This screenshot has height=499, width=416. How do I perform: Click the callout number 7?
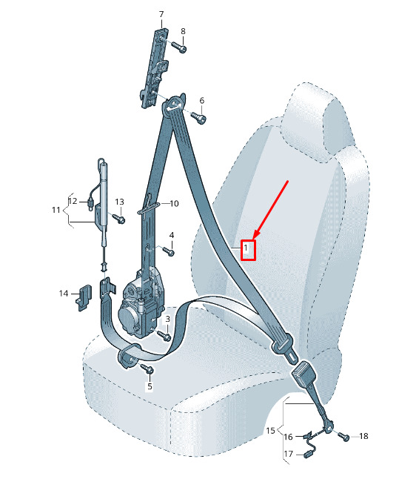coord(161,14)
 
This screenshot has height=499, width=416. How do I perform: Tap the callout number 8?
coord(183,31)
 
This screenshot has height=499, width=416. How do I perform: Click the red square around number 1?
coord(248,250)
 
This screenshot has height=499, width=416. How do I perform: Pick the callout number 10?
coord(175,203)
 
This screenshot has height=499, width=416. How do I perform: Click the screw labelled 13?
coord(119,218)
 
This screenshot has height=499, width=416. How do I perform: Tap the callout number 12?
coord(73,201)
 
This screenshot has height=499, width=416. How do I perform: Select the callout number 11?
coord(56,210)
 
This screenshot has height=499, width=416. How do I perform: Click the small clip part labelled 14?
coord(83,297)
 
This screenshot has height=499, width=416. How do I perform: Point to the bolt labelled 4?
coord(169,251)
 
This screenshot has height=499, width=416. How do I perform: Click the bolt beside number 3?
coord(164,335)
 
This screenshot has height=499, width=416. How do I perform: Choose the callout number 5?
coord(150,386)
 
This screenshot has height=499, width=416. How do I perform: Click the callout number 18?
coord(364,436)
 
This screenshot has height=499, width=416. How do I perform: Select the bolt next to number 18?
coord(343,436)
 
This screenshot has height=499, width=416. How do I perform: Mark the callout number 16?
coord(288,437)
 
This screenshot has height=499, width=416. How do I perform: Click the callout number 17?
coord(288,454)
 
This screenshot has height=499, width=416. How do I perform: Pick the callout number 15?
coord(270,431)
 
